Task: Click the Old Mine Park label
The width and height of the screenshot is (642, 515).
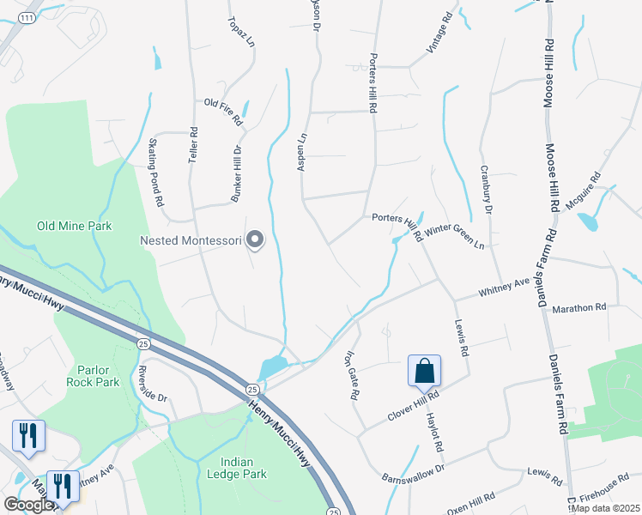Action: coord(75,227)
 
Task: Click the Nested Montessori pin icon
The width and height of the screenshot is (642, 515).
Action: coord(254,241)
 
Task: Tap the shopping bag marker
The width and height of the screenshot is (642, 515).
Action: coord(424,372)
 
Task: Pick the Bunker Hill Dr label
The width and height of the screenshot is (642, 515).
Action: coord(236,173)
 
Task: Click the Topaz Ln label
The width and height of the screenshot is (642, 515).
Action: coord(242,32)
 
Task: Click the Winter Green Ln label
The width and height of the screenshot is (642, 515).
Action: coord(454,237)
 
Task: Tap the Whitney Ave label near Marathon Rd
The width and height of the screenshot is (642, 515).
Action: coord(504,288)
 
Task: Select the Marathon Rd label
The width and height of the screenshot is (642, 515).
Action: coord(579,306)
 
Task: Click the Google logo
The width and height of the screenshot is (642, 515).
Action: coord(29,505)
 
